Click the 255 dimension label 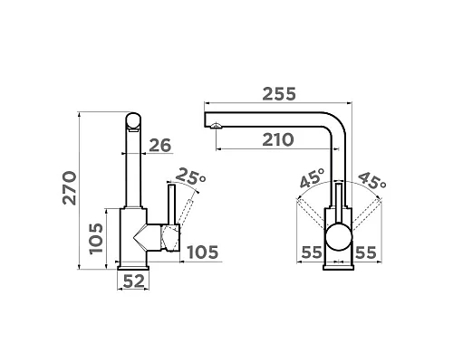279,94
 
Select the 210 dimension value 278,139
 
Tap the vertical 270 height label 70,188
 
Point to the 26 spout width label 160,146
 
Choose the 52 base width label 134,281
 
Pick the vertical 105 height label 97,239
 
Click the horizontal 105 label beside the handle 202,252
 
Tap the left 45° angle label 313,177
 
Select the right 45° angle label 372,180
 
